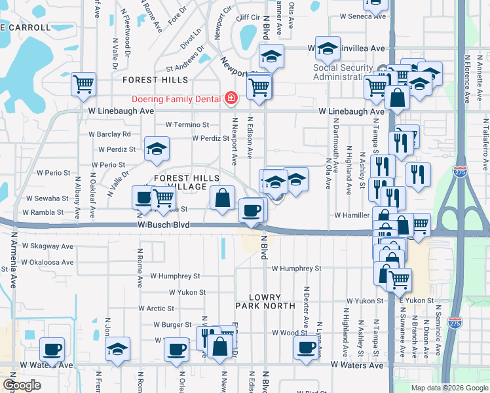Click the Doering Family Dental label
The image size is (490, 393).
(177, 99)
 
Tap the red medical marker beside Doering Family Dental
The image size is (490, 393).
(231, 99)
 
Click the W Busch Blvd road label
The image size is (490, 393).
(163, 225)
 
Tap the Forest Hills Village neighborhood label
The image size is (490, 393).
(187, 182)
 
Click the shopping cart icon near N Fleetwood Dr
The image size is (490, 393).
(84, 84)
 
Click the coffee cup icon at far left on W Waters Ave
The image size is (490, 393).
(52, 348)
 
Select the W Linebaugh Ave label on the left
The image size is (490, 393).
(121, 112)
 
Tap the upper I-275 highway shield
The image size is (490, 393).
(459, 172)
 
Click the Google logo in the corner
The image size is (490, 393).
(22, 385)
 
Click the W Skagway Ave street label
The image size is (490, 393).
(47, 246)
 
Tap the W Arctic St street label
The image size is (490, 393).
(156, 308)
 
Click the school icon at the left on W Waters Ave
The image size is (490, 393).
(118, 349)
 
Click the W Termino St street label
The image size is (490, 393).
(187, 124)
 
